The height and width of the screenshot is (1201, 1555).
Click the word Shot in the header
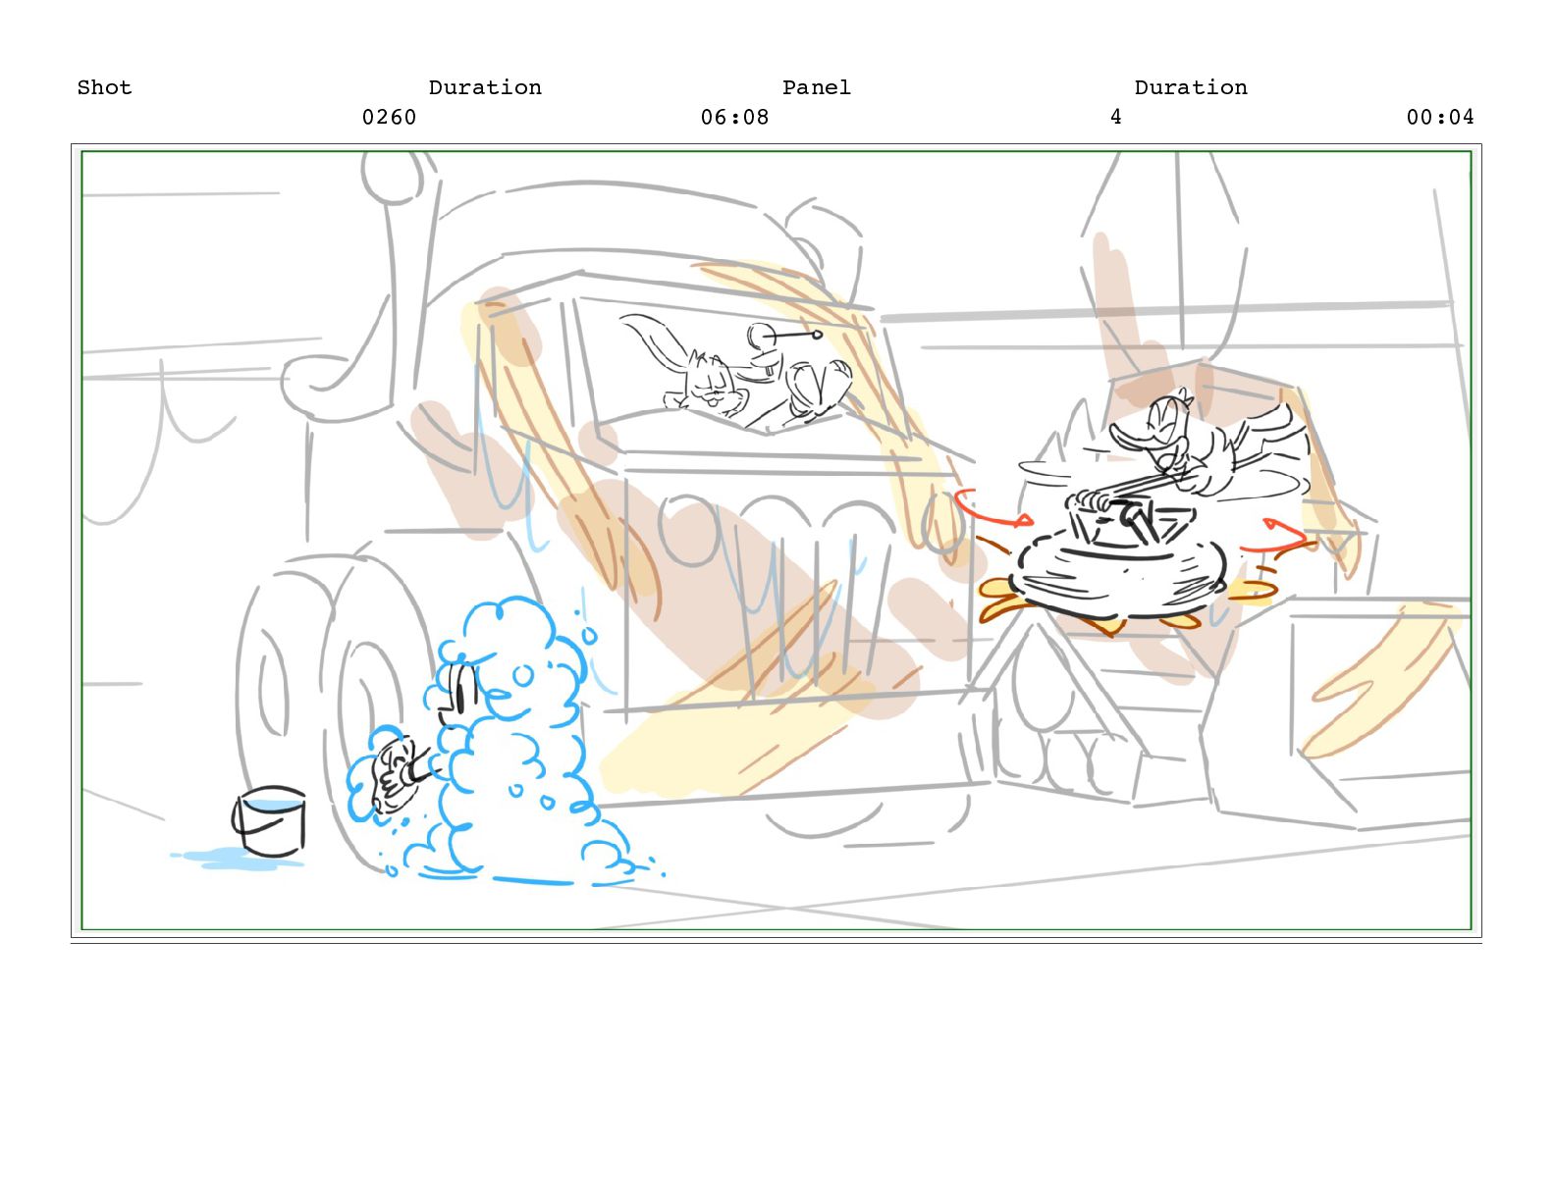[104, 88]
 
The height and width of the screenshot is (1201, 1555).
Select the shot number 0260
[390, 118]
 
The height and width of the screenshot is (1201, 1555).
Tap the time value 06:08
[735, 118]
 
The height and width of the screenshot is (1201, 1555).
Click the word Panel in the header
[817, 88]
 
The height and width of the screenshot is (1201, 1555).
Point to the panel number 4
[1115, 118]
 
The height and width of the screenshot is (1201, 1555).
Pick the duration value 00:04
[1440, 118]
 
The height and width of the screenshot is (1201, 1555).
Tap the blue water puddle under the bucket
[237, 858]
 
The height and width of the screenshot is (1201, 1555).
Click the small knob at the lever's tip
[817, 334]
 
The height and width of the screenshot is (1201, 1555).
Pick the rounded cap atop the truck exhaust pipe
[392, 177]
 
